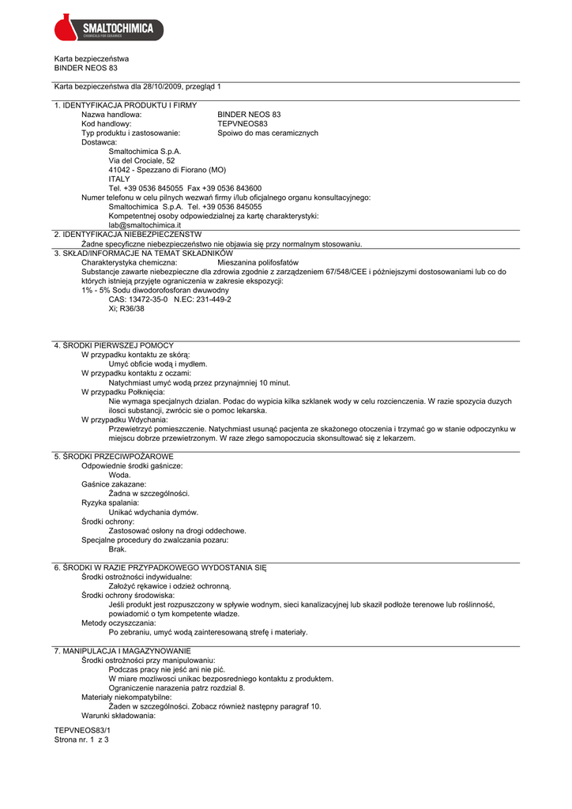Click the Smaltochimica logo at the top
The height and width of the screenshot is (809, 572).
click(109, 29)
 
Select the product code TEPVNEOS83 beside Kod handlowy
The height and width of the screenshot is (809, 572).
click(243, 124)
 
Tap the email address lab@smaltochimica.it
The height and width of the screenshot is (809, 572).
click(145, 225)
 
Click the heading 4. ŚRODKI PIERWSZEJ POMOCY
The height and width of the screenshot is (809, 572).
click(114, 345)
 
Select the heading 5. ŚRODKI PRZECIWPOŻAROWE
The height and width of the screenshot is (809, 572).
click(114, 457)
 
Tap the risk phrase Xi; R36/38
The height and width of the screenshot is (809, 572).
click(126, 309)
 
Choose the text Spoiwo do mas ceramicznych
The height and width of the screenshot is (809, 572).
click(268, 134)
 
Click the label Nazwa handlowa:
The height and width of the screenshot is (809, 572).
click(111, 115)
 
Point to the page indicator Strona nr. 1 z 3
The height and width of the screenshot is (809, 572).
click(81, 740)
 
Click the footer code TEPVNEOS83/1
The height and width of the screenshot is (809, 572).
click(77, 731)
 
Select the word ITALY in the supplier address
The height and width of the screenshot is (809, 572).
click(119, 179)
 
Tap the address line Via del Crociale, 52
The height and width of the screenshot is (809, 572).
click(142, 160)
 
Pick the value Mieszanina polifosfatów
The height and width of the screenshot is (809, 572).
click(258, 262)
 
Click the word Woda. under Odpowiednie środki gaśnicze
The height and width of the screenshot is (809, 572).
click(120, 476)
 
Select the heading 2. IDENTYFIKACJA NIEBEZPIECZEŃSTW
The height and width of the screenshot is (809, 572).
click(127, 235)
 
